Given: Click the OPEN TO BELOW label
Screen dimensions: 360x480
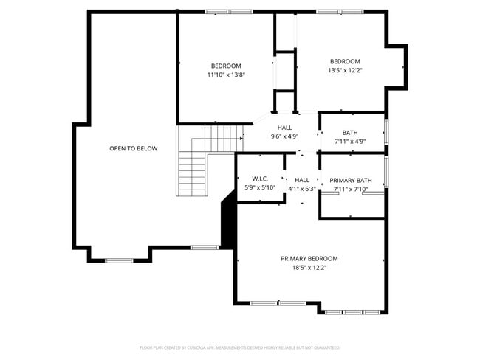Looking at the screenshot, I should tap(133, 148).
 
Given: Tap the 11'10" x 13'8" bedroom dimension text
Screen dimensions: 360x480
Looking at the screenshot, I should tap(226, 75).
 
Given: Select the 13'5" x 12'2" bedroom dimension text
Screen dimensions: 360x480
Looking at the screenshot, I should tap(344, 70).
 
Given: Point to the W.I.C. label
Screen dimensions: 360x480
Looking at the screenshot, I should tap(259, 179).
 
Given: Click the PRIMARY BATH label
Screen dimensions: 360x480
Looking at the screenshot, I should tap(350, 180).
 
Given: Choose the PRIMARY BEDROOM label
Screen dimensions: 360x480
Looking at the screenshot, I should tap(309, 258).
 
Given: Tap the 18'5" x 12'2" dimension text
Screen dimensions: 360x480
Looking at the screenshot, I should tap(309, 267).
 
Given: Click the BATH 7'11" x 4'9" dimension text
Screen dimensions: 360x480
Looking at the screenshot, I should tap(349, 141).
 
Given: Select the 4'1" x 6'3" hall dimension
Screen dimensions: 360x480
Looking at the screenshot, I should tap(301, 188).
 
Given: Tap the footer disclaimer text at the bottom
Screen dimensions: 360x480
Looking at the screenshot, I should tap(239, 347).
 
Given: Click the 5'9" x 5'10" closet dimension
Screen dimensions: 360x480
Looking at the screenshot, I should tap(259, 187).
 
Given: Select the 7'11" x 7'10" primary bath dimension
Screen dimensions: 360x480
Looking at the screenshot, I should tap(350, 189).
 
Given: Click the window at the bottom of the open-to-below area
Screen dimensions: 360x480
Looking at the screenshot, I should tap(119, 260).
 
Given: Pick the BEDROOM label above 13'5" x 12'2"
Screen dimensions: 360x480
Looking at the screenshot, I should tap(344, 61).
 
